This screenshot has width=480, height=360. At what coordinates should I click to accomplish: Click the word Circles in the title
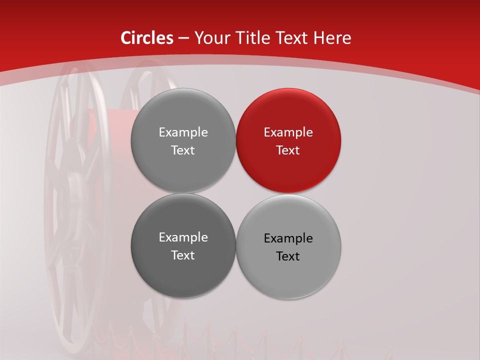point(146,38)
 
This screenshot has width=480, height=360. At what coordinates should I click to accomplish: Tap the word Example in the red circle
point(288,132)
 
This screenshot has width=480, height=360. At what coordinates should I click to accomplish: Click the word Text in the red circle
point(288,150)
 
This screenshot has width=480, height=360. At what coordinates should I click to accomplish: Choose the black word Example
point(288,238)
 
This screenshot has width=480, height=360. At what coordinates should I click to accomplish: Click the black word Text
point(288,256)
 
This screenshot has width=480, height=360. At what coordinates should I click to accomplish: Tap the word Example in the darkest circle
point(183,237)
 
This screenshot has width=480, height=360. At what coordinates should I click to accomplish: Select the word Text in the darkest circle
point(183,255)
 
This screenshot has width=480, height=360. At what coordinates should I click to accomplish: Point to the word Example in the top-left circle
point(183,132)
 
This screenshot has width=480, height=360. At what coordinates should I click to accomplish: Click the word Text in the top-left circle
point(183,150)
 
